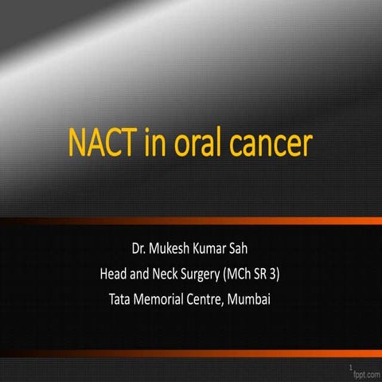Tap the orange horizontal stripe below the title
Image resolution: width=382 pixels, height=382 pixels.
[191, 220]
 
